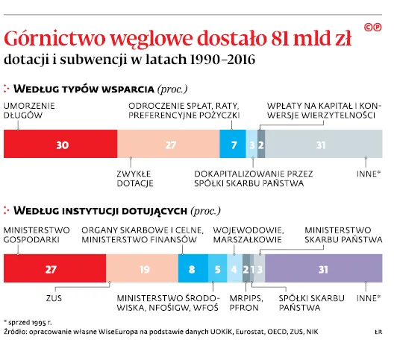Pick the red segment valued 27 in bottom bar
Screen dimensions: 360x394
[x=54, y=268]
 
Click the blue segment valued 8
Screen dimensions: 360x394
[x=192, y=268]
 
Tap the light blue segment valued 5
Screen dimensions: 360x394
[x=217, y=268]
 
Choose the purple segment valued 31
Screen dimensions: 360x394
[x=323, y=268]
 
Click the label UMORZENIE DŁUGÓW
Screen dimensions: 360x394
[x=29, y=111]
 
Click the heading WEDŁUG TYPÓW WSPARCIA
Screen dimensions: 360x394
[x=89, y=88]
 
